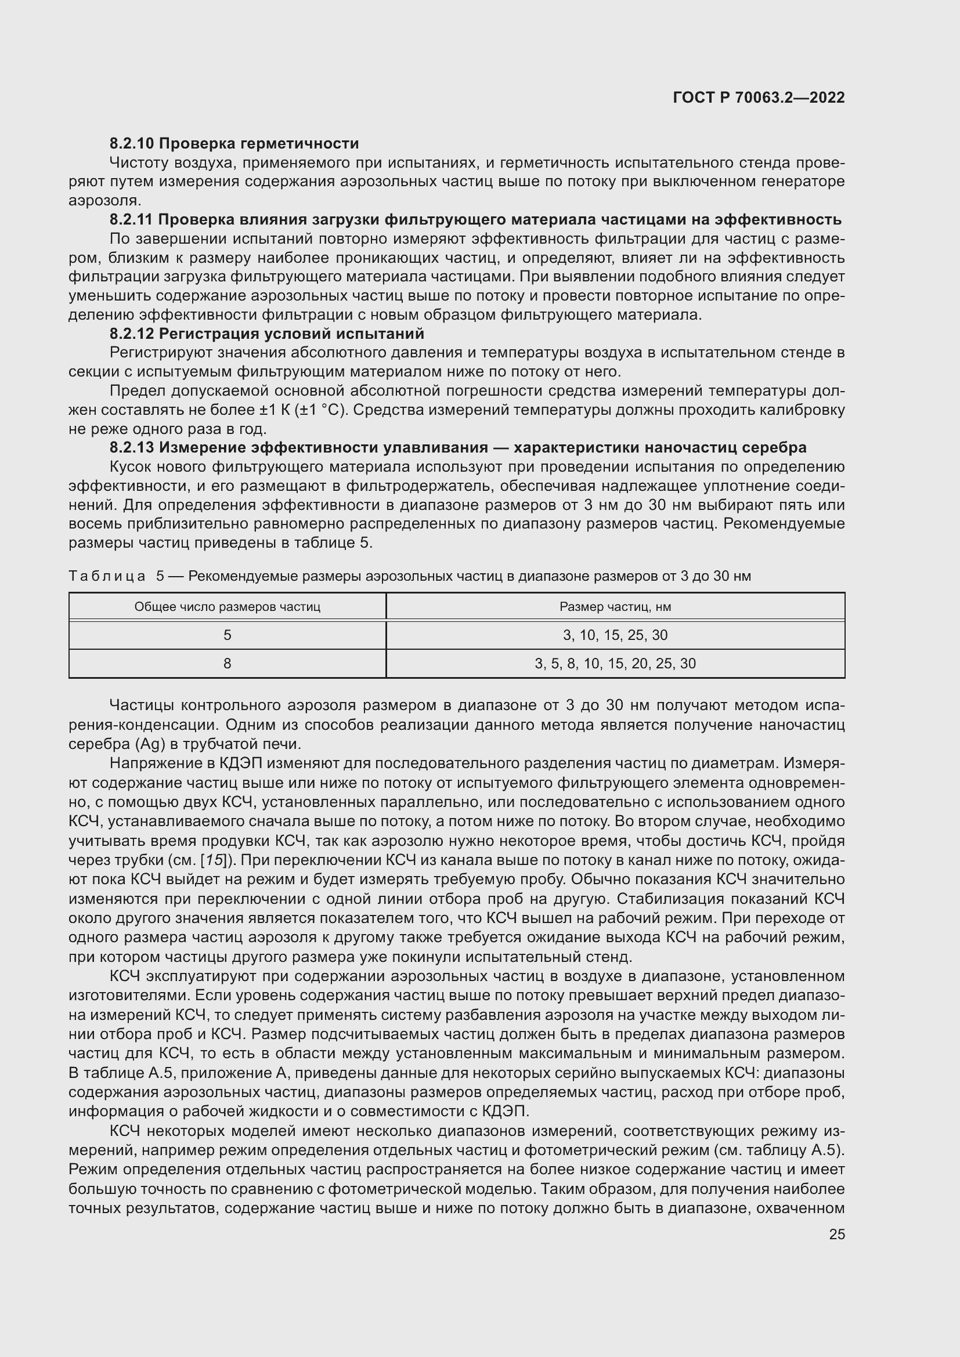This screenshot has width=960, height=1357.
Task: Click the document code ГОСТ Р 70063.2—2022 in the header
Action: click(759, 97)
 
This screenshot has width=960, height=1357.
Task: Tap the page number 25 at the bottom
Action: click(837, 1234)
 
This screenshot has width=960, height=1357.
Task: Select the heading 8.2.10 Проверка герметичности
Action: click(234, 143)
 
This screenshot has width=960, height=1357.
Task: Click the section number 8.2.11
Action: click(131, 220)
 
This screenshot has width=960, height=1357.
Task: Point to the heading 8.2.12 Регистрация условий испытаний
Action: click(266, 334)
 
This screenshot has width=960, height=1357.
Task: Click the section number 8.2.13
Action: click(131, 447)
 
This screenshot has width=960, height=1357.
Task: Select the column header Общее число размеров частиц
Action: click(227, 607)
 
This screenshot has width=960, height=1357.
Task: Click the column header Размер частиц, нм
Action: click(615, 607)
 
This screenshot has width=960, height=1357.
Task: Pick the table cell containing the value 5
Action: click(227, 635)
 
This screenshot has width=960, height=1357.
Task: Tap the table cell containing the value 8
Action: click(227, 664)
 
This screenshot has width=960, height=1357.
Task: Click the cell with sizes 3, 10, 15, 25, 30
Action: click(615, 635)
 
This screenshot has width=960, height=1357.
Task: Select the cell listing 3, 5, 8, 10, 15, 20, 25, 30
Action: click(615, 664)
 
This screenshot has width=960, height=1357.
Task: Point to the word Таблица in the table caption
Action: click(107, 576)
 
